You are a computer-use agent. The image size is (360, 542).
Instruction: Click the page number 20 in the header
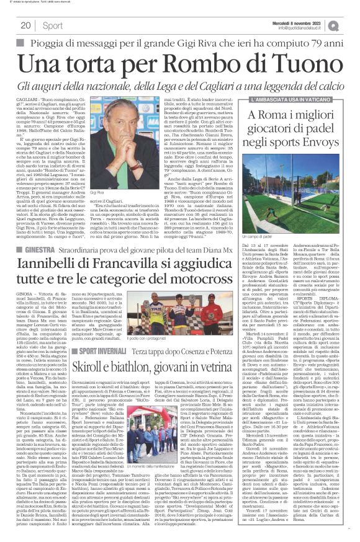pyautogui.click(x=25, y=25)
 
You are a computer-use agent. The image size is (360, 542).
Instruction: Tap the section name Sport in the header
pyautogui.click(x=52, y=25)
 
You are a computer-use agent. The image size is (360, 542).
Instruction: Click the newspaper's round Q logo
pyautogui.click(x=351, y=24)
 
